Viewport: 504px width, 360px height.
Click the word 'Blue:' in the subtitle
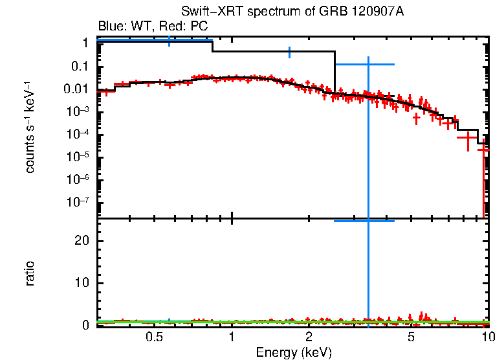point(111,27)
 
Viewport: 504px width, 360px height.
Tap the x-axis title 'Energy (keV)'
point(294,353)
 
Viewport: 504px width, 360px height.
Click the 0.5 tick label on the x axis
point(154,337)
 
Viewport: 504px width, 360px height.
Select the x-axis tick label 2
point(309,337)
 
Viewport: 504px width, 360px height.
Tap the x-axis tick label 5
point(411,337)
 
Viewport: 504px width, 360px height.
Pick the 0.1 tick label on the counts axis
point(79,67)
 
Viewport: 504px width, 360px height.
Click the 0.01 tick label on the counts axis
point(76,89)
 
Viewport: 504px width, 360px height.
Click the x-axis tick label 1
point(232,337)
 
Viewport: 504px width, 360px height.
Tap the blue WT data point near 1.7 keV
point(289,52)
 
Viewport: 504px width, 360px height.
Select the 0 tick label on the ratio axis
point(85,325)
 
